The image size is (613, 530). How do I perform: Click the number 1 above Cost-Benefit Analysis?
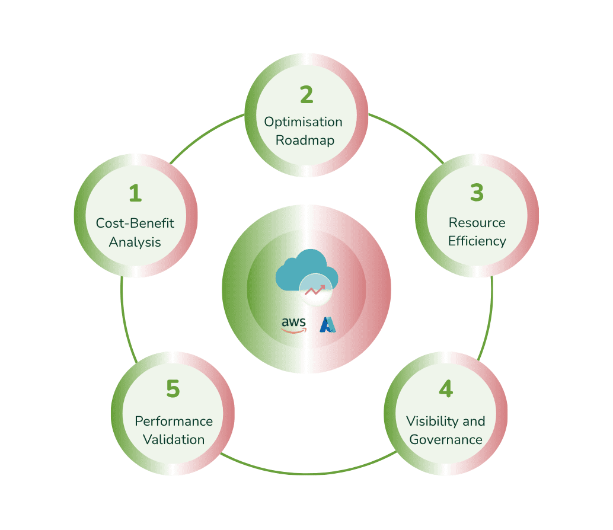tap(135, 193)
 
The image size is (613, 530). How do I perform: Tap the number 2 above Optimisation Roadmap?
tap(307, 95)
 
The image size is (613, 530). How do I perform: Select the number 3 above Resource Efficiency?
tap(477, 192)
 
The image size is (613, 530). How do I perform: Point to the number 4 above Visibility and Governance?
tap(446, 388)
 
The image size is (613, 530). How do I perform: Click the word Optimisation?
tap(304, 122)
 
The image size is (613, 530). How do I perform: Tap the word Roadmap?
tap(305, 140)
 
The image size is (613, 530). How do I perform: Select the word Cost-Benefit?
tap(135, 223)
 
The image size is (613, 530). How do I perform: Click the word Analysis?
tap(135, 242)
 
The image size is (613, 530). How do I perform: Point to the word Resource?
tap(477, 222)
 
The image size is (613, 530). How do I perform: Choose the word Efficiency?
tap(477, 241)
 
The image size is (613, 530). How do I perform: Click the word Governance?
tap(446, 439)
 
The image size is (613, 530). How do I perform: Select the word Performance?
tap(174, 421)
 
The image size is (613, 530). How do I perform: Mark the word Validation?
tap(174, 439)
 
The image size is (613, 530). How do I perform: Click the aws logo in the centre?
tap(293, 325)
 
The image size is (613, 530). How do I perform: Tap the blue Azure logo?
tap(328, 325)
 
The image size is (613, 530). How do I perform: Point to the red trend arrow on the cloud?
tap(315, 290)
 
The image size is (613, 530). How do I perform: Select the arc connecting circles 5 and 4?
tap(308, 474)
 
